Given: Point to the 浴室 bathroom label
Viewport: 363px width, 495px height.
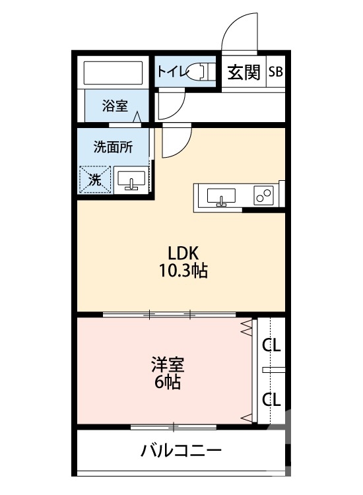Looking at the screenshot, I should coord(115,105).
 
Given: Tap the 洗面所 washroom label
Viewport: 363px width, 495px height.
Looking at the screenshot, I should coord(112,147).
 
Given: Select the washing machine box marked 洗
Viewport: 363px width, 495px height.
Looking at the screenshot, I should coord(94,179).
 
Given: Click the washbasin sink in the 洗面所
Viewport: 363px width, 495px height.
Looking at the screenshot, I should coord(132,180).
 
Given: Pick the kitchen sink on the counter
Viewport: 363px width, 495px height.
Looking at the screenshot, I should coord(220,196).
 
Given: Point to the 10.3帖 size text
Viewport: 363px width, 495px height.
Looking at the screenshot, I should coord(183,271).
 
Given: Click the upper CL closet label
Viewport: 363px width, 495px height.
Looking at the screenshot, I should coord(271,345).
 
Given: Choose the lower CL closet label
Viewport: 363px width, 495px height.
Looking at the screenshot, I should coord(271,399).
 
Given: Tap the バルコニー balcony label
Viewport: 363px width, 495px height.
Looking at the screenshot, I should coord(181,451).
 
